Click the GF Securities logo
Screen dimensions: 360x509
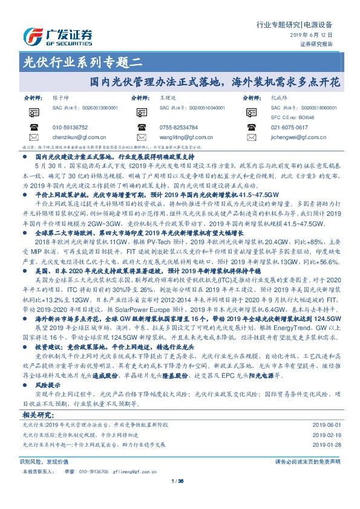[x=57, y=34]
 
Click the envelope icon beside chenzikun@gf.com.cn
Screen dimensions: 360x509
[x=32, y=137]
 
